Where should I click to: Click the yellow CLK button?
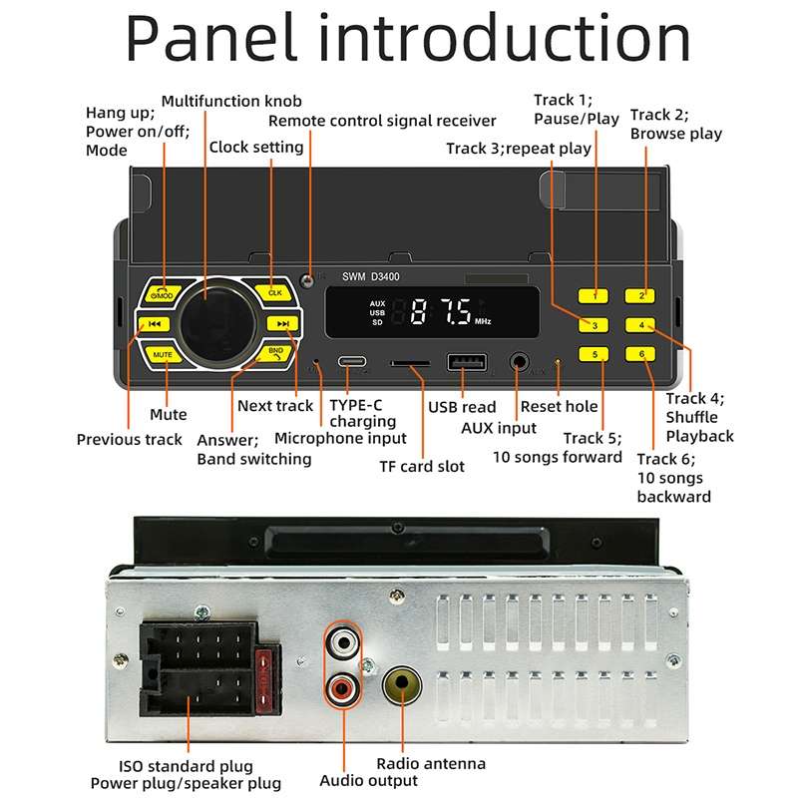(x=273, y=293)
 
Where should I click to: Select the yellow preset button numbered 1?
(x=595, y=295)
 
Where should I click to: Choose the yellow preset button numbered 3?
(x=595, y=325)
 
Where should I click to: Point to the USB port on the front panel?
(x=465, y=363)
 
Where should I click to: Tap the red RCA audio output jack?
(x=342, y=686)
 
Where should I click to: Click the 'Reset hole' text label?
(x=560, y=406)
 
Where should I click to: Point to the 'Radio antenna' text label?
(x=431, y=763)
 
